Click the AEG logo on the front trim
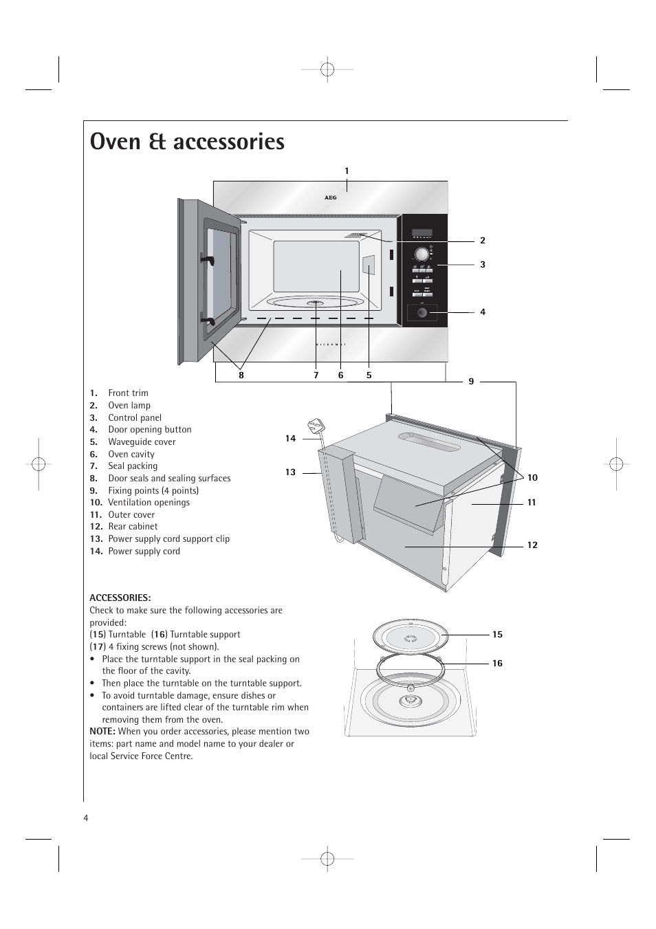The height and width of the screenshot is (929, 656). click(x=331, y=197)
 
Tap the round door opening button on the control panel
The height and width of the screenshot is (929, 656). click(x=422, y=314)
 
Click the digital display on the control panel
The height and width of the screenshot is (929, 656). click(x=422, y=234)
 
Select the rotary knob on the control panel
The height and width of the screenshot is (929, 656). click(x=422, y=254)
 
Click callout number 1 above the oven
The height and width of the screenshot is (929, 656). click(x=347, y=171)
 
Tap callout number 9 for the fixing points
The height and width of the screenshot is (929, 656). click(x=471, y=382)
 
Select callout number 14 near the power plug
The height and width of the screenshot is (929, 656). click(x=290, y=439)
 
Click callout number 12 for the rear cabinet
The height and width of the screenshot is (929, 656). click(x=532, y=545)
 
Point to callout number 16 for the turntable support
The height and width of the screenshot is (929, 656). click(x=497, y=664)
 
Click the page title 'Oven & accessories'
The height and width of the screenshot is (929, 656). click(x=187, y=142)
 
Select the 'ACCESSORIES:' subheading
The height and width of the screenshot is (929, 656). click(x=120, y=598)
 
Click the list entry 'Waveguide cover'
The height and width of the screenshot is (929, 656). click(x=142, y=442)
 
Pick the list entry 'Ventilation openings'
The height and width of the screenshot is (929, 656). click(x=149, y=503)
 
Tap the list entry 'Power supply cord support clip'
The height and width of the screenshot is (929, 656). click(x=168, y=539)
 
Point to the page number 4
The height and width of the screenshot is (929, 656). click(x=86, y=818)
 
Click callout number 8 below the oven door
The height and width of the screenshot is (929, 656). click(x=241, y=375)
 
